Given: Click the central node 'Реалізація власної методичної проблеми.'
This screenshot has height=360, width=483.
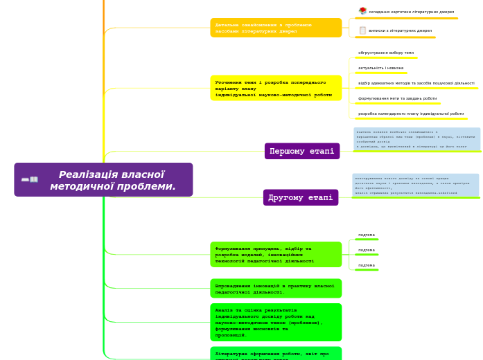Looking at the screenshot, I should [112, 180].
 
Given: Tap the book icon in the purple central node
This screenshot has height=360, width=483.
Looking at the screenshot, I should [29, 180].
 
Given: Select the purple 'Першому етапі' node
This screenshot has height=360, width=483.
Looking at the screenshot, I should [301, 151].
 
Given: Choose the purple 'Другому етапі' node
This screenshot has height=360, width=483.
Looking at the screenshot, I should [300, 197].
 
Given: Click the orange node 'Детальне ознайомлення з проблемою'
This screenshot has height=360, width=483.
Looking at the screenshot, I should [276, 28].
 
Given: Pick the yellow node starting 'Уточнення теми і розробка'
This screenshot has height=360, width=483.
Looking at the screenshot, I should [276, 88].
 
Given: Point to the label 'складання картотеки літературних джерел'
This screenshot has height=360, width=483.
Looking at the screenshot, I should [411, 12].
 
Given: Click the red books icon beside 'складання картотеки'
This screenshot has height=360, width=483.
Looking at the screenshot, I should [362, 11].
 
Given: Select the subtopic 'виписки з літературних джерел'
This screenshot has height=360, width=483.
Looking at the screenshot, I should [400, 30].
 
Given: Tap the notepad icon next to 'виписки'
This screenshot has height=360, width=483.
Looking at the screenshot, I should [362, 30].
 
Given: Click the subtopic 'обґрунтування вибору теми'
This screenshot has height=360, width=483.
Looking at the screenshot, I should [386, 53].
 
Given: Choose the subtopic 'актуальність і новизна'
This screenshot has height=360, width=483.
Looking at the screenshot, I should [380, 68].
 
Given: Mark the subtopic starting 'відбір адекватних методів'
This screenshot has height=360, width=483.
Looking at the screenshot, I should [416, 83].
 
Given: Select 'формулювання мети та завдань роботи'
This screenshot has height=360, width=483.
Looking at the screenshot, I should [397, 98].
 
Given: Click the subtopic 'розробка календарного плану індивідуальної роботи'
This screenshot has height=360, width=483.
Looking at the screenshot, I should [411, 114].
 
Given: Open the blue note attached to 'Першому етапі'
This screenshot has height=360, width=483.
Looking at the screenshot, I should [416, 138].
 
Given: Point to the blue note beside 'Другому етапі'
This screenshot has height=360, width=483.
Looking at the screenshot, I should [415, 185].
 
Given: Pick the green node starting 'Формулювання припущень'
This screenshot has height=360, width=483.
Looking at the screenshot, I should [276, 254].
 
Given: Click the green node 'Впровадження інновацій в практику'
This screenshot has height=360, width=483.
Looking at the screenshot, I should [276, 288].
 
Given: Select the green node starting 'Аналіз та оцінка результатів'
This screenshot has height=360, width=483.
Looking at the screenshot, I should [276, 322].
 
